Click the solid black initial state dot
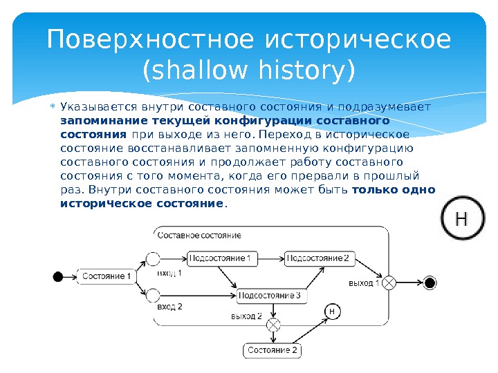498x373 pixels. pyautogui.click(x=58, y=277)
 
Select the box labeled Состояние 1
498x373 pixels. pyautogui.click(x=107, y=277)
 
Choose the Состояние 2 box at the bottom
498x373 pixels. pyautogui.click(x=273, y=351)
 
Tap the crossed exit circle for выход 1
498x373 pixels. pyautogui.click(x=389, y=282)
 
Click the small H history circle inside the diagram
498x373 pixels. pyautogui.click(x=331, y=312)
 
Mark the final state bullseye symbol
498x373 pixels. pyautogui.click(x=430, y=282)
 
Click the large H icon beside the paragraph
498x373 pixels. pyautogui.click(x=461, y=219)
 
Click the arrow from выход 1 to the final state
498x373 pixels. pyautogui.click(x=409, y=282)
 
